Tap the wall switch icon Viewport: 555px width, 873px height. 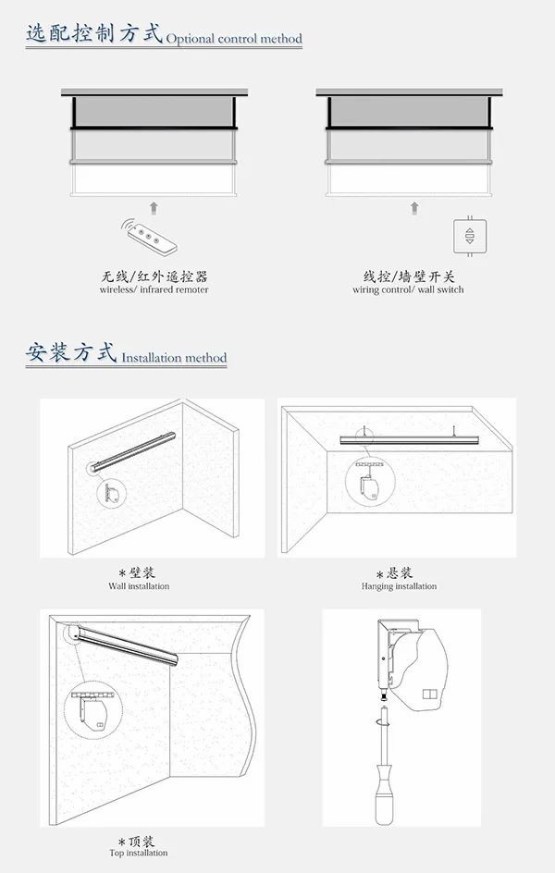point(470,236)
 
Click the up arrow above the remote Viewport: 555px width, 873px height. point(154,208)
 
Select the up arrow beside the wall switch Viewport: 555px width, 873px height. point(414,208)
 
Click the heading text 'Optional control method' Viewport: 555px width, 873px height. point(234,39)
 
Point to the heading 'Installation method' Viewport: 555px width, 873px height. point(174,358)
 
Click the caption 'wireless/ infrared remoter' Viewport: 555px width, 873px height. point(154,289)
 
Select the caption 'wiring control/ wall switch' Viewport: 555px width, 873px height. point(408,289)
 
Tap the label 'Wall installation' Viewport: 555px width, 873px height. point(139,585)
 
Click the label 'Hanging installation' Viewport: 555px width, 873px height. point(399,585)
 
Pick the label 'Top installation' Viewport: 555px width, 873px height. point(139,853)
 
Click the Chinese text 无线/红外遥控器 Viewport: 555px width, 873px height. point(154,277)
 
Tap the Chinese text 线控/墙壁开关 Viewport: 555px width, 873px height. point(409,277)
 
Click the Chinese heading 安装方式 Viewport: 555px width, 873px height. point(71,353)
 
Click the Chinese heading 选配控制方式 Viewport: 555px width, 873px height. point(94,33)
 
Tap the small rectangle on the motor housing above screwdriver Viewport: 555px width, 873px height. point(429,695)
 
